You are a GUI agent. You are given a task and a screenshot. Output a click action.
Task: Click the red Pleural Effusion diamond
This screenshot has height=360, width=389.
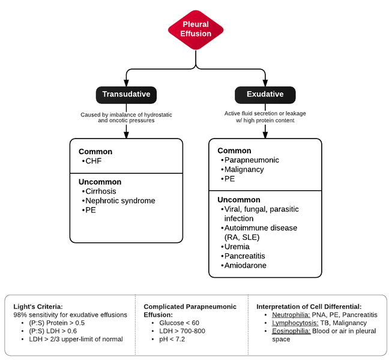(196, 29)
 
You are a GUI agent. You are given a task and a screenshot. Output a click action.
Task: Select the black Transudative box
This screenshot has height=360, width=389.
(126, 94)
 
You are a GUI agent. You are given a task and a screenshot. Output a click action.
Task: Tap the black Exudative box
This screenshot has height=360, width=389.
(265, 94)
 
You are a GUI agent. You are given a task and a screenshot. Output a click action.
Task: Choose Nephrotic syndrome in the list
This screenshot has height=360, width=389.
(120, 200)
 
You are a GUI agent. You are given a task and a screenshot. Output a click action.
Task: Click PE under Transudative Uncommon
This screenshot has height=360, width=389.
(90, 210)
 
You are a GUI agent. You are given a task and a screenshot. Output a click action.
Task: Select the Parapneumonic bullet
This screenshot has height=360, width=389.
(251, 160)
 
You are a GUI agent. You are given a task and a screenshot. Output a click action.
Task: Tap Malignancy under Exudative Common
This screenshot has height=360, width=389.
(244, 170)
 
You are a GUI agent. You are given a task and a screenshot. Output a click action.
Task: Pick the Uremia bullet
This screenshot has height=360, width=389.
(238, 247)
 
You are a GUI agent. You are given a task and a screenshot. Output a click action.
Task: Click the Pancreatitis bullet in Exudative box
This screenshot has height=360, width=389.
(244, 256)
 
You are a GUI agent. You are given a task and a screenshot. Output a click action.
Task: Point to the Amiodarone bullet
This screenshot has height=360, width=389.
(245, 265)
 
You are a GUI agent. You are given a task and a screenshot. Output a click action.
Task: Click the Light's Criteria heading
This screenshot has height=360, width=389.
(38, 306)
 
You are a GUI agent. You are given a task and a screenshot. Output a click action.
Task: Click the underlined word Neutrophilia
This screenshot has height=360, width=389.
(291, 314)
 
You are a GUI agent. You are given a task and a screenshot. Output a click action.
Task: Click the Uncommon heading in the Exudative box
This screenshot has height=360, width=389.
(239, 200)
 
